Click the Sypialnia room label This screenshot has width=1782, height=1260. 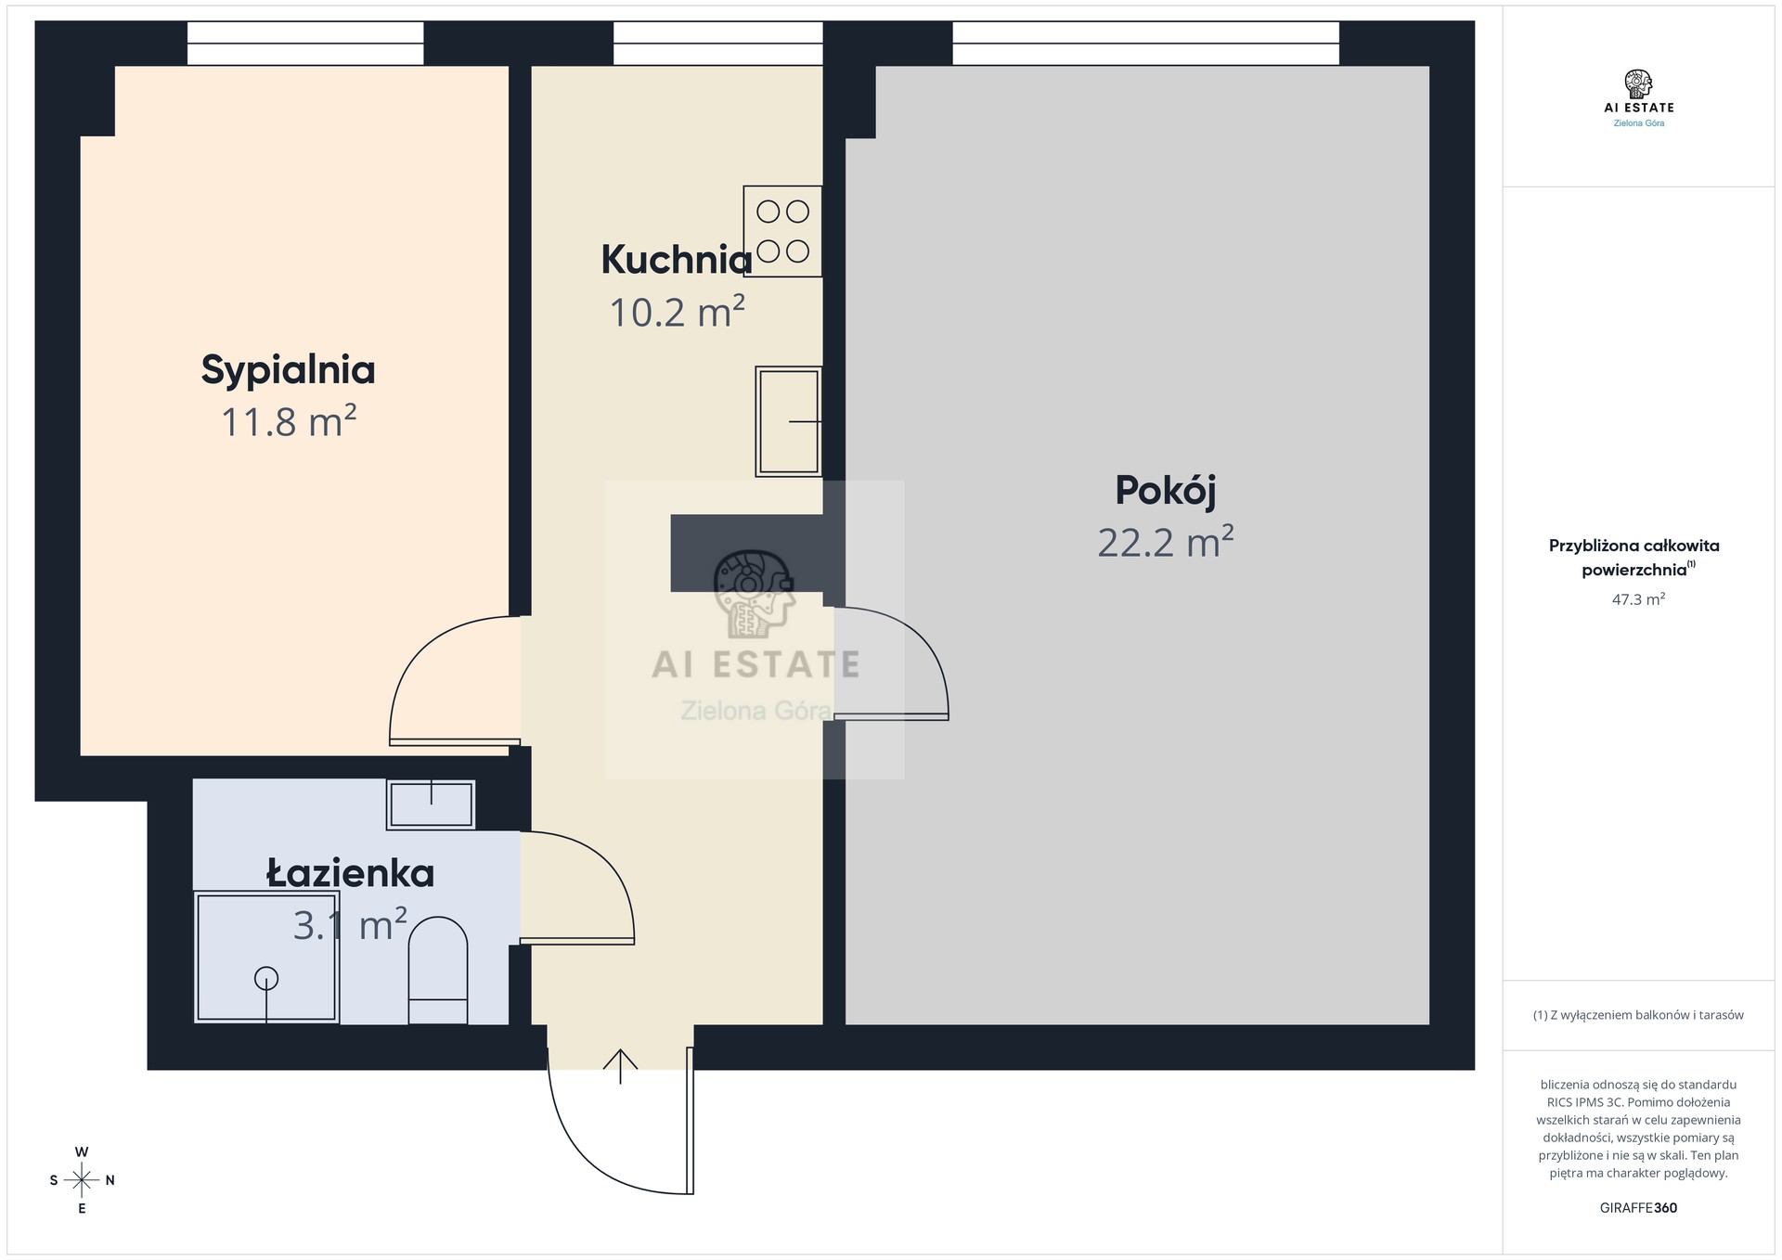coord(288,370)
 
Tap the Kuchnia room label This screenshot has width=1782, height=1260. coord(677,260)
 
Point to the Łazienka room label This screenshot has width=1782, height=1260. coord(351,873)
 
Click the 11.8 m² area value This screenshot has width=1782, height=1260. coord(289,421)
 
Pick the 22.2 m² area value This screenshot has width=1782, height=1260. coord(1166,542)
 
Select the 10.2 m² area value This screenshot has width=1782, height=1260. coord(677,312)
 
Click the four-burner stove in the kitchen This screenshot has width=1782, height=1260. coord(782,231)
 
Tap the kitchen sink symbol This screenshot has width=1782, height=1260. coord(789,421)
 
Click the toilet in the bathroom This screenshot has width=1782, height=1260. coord(438,971)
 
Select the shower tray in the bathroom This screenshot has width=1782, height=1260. coord(266,957)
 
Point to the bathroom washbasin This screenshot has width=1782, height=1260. coord(431,804)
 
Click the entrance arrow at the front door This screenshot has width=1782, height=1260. coord(620,1066)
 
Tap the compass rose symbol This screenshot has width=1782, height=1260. coord(82,1180)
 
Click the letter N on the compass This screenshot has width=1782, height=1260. coord(110,1180)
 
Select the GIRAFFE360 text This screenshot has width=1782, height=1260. coord(1638,1208)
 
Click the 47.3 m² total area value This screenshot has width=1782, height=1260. coord(1638,599)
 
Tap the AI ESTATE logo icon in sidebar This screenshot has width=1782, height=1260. coord(1638,84)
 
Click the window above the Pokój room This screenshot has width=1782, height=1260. coord(1146,44)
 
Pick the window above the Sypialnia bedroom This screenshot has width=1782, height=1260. coord(305,44)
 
